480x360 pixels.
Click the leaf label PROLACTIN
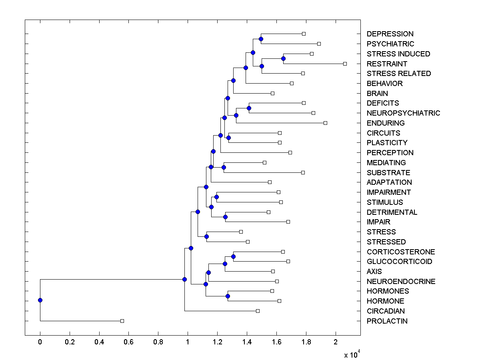(x=387, y=321)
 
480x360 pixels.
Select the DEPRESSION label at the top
(x=390, y=34)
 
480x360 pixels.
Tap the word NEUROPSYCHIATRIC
(x=403, y=113)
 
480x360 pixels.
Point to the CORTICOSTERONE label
(x=400, y=252)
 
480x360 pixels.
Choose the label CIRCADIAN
(x=386, y=311)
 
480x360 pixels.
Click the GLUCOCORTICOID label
(x=399, y=262)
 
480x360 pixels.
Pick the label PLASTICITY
(x=387, y=143)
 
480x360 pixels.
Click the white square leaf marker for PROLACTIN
(x=122, y=321)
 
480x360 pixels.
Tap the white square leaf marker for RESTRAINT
(x=345, y=64)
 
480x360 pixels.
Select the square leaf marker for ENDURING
(x=325, y=123)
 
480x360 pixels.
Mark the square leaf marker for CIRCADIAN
(x=258, y=311)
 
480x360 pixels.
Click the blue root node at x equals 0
(x=40, y=300)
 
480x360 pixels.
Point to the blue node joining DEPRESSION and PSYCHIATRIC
(x=261, y=39)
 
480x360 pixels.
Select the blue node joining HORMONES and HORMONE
(x=228, y=296)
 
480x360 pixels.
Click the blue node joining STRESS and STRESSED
(x=206, y=236)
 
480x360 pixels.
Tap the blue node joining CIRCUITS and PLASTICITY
(x=228, y=138)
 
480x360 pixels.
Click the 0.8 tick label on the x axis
(x=158, y=342)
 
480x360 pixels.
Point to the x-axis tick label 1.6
(x=276, y=342)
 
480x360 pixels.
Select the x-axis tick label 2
(x=336, y=342)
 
